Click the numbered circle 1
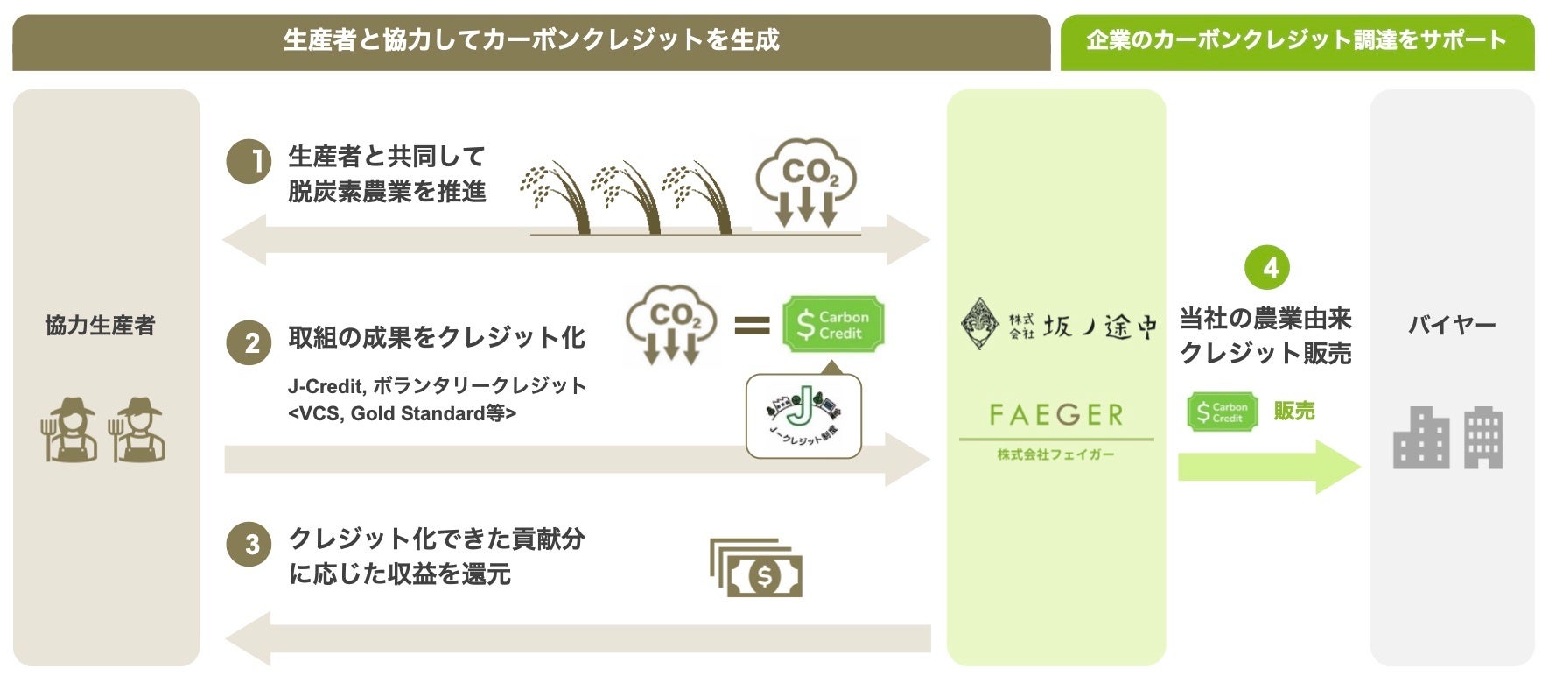point(249,161)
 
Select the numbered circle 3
point(249,544)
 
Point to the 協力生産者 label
point(100,326)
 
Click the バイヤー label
point(1451,326)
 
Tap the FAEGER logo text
point(1055,414)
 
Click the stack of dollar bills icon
point(756,568)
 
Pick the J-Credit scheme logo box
point(803,416)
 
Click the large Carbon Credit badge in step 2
point(832,325)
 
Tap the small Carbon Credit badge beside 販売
point(1222,412)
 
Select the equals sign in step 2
point(751,326)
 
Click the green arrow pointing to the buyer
point(1268,466)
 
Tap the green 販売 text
point(1294,411)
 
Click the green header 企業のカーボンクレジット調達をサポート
point(1296,40)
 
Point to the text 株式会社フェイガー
point(1055,454)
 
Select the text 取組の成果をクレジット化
point(437,338)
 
